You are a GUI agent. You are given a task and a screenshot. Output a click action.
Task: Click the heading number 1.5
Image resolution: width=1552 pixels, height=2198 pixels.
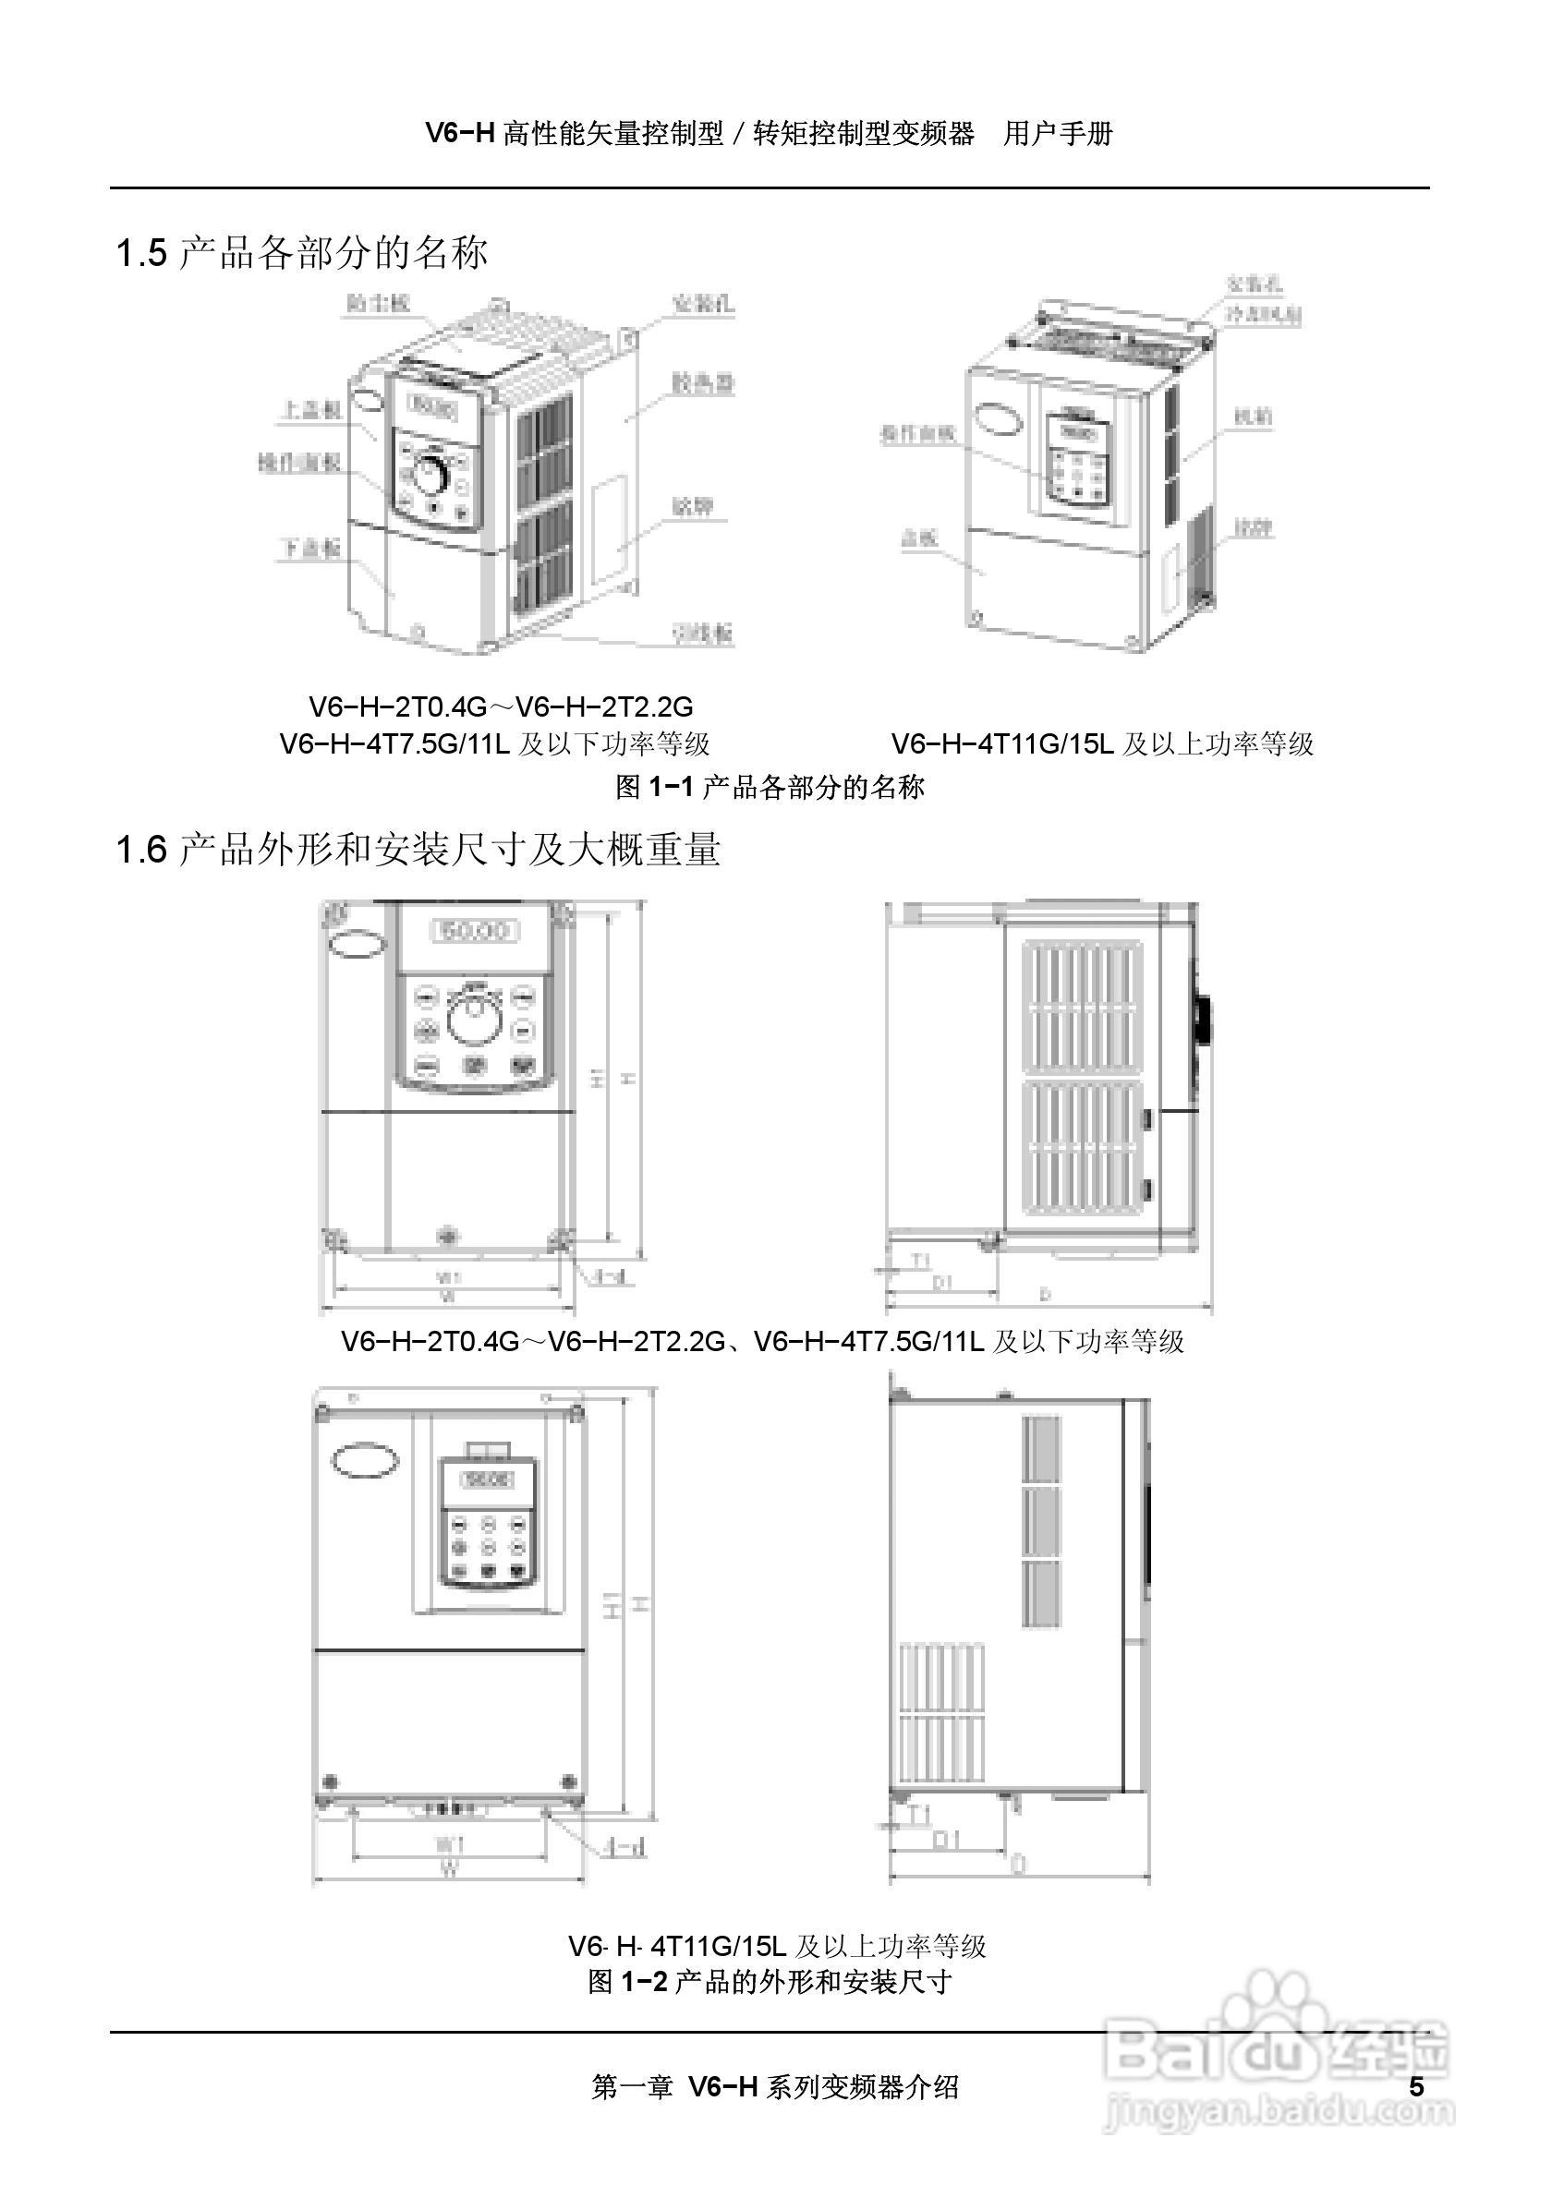click(x=140, y=254)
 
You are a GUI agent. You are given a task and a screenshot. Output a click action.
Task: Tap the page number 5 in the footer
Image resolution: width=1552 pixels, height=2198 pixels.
click(x=1417, y=2086)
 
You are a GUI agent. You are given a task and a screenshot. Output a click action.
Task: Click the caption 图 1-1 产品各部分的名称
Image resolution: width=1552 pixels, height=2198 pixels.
click(x=770, y=787)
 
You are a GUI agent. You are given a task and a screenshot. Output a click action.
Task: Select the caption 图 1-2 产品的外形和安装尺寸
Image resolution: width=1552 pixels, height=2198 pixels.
click(x=770, y=1974)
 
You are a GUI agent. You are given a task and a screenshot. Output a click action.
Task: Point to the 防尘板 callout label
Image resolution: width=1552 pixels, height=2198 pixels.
click(x=378, y=304)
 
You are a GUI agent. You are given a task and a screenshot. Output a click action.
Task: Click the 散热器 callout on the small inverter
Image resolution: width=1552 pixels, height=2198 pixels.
click(x=703, y=383)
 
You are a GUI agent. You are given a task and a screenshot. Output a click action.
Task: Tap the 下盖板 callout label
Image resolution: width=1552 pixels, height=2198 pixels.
click(x=310, y=548)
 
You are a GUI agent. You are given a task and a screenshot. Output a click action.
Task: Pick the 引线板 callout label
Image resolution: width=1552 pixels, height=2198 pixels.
click(x=702, y=633)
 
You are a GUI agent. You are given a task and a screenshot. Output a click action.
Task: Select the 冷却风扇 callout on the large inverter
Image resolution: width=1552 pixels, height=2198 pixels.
click(x=1265, y=314)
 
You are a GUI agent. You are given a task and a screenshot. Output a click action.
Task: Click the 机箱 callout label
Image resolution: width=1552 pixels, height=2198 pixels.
click(x=1253, y=417)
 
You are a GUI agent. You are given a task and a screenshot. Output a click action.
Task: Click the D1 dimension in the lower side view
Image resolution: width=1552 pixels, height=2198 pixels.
click(x=946, y=1840)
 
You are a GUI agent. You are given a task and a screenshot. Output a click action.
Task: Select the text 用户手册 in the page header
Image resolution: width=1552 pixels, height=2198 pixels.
click(x=1058, y=134)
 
